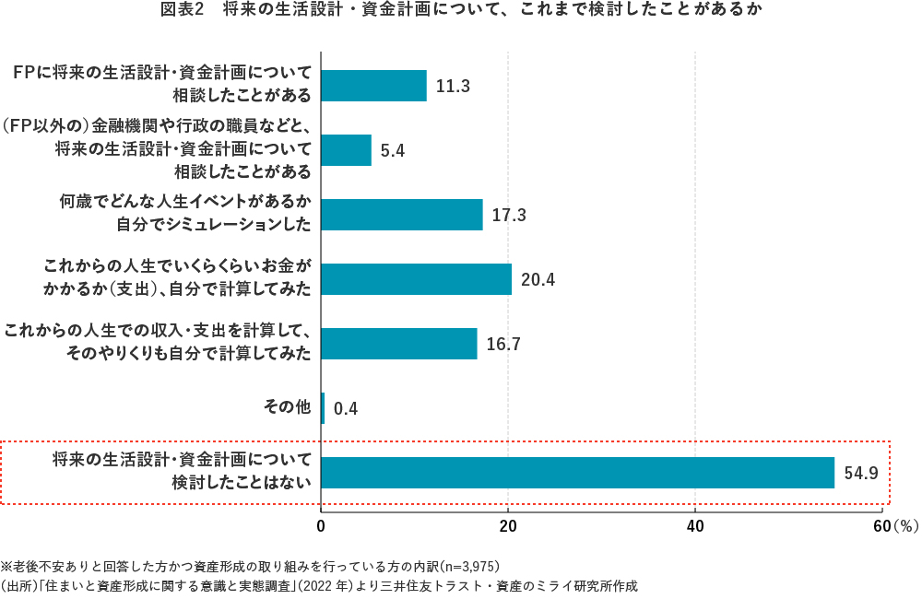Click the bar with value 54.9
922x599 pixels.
click(x=577, y=473)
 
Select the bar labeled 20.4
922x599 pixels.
click(x=416, y=279)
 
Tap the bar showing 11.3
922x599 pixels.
click(x=373, y=86)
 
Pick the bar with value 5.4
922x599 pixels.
click(x=346, y=150)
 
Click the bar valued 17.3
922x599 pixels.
click(x=402, y=215)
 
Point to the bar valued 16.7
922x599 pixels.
click(x=398, y=344)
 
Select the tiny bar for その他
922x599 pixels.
click(x=323, y=408)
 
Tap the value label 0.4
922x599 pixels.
click(x=345, y=408)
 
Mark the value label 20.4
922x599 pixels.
click(x=538, y=279)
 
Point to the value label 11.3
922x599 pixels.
click(x=453, y=86)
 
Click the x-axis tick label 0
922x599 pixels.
click(x=321, y=526)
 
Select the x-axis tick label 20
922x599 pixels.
click(x=507, y=526)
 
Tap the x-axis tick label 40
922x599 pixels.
click(x=694, y=526)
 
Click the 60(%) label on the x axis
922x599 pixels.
click(x=891, y=526)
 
